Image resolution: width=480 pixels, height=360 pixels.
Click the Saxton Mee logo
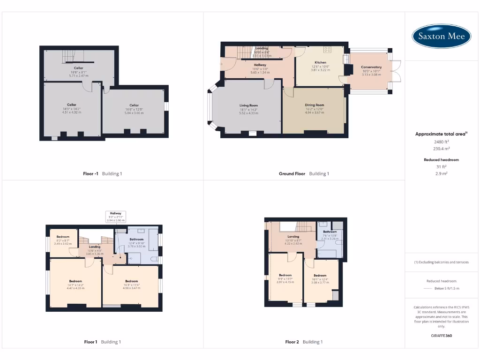[x=442, y=36]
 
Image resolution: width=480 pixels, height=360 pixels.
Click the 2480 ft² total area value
[x=441, y=141]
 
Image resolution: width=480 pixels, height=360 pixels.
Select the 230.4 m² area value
[x=441, y=148]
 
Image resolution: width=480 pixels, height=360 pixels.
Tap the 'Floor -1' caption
[x=90, y=173]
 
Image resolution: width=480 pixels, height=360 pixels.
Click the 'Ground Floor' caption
[x=292, y=173]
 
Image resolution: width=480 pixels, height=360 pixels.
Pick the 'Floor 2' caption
[x=292, y=342]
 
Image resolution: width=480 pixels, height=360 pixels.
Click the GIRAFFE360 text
[x=441, y=336]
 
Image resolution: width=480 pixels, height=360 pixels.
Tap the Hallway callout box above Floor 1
[x=115, y=217]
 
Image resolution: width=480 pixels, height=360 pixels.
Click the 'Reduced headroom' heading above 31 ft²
[x=441, y=160]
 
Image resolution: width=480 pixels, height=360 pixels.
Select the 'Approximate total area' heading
[x=441, y=134]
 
